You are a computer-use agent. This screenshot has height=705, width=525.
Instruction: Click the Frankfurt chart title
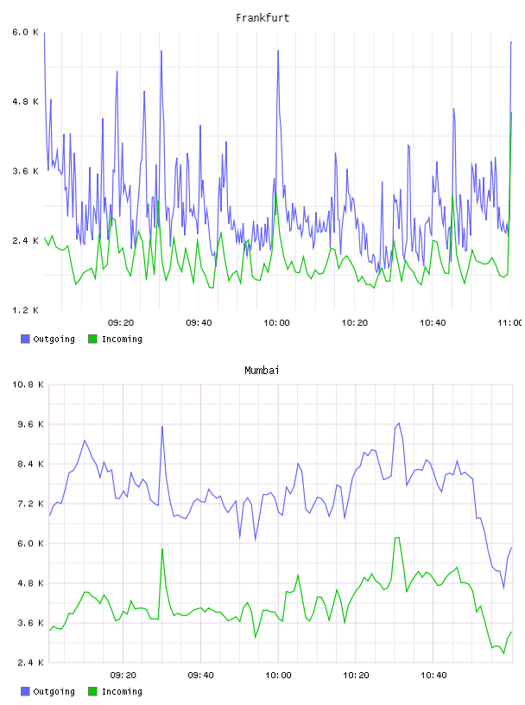pos(262,17)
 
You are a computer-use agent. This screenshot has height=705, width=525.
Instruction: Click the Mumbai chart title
pos(262,370)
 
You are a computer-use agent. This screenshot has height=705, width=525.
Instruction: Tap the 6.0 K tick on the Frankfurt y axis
pos(26,32)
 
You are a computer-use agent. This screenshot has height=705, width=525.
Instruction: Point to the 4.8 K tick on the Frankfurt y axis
pos(26,102)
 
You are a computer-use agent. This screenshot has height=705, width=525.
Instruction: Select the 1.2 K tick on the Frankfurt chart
pos(26,310)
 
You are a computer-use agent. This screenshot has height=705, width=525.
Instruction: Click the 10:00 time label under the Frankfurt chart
pos(276,323)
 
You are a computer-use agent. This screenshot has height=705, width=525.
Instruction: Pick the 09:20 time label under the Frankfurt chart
pos(121,323)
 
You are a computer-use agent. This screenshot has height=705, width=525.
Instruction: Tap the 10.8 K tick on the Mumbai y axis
pos(28,384)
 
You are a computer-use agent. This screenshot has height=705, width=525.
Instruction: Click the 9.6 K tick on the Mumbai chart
pos(30,424)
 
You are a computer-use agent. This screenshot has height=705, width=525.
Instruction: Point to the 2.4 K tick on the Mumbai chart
pos(30,663)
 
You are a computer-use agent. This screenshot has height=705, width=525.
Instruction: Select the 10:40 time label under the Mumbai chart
pos(433,675)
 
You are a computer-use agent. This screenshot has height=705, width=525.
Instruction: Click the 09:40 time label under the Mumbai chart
pos(200,675)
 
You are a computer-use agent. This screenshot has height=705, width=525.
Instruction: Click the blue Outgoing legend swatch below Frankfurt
pos(25,339)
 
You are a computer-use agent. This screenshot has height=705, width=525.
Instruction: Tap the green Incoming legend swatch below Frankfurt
pos(92,339)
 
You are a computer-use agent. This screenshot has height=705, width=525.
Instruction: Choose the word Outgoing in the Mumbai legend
pos(54,691)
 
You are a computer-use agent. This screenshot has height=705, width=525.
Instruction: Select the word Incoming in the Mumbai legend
pos(122,691)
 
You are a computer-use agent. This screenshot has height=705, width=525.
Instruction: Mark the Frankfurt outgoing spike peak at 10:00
pos(278,50)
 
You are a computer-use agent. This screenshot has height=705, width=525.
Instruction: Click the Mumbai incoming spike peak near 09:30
pos(162,549)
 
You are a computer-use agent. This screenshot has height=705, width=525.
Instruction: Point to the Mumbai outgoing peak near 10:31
pos(399,423)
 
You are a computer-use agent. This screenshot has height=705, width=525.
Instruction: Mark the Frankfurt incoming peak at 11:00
pos(511,113)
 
